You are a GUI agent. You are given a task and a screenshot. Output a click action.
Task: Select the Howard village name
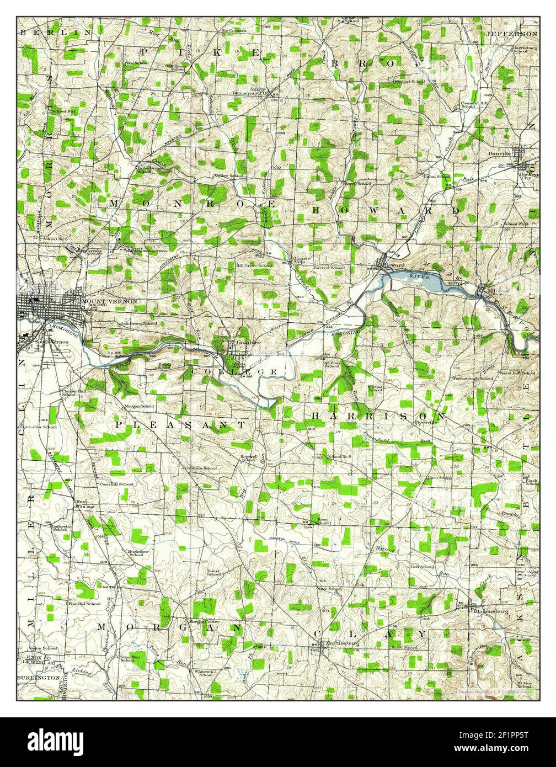pos(396,265)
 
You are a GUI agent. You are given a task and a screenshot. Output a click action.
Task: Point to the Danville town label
pos(499,154)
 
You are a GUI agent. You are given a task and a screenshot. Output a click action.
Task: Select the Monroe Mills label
pos(303,260)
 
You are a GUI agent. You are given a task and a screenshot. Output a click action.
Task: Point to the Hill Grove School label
pos(254,266)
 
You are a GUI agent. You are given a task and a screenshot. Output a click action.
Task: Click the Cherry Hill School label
pos(68,392)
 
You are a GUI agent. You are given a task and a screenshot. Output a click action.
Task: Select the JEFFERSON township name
pos(511,34)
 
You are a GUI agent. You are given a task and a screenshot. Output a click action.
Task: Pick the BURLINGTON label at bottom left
pos(38,677)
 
